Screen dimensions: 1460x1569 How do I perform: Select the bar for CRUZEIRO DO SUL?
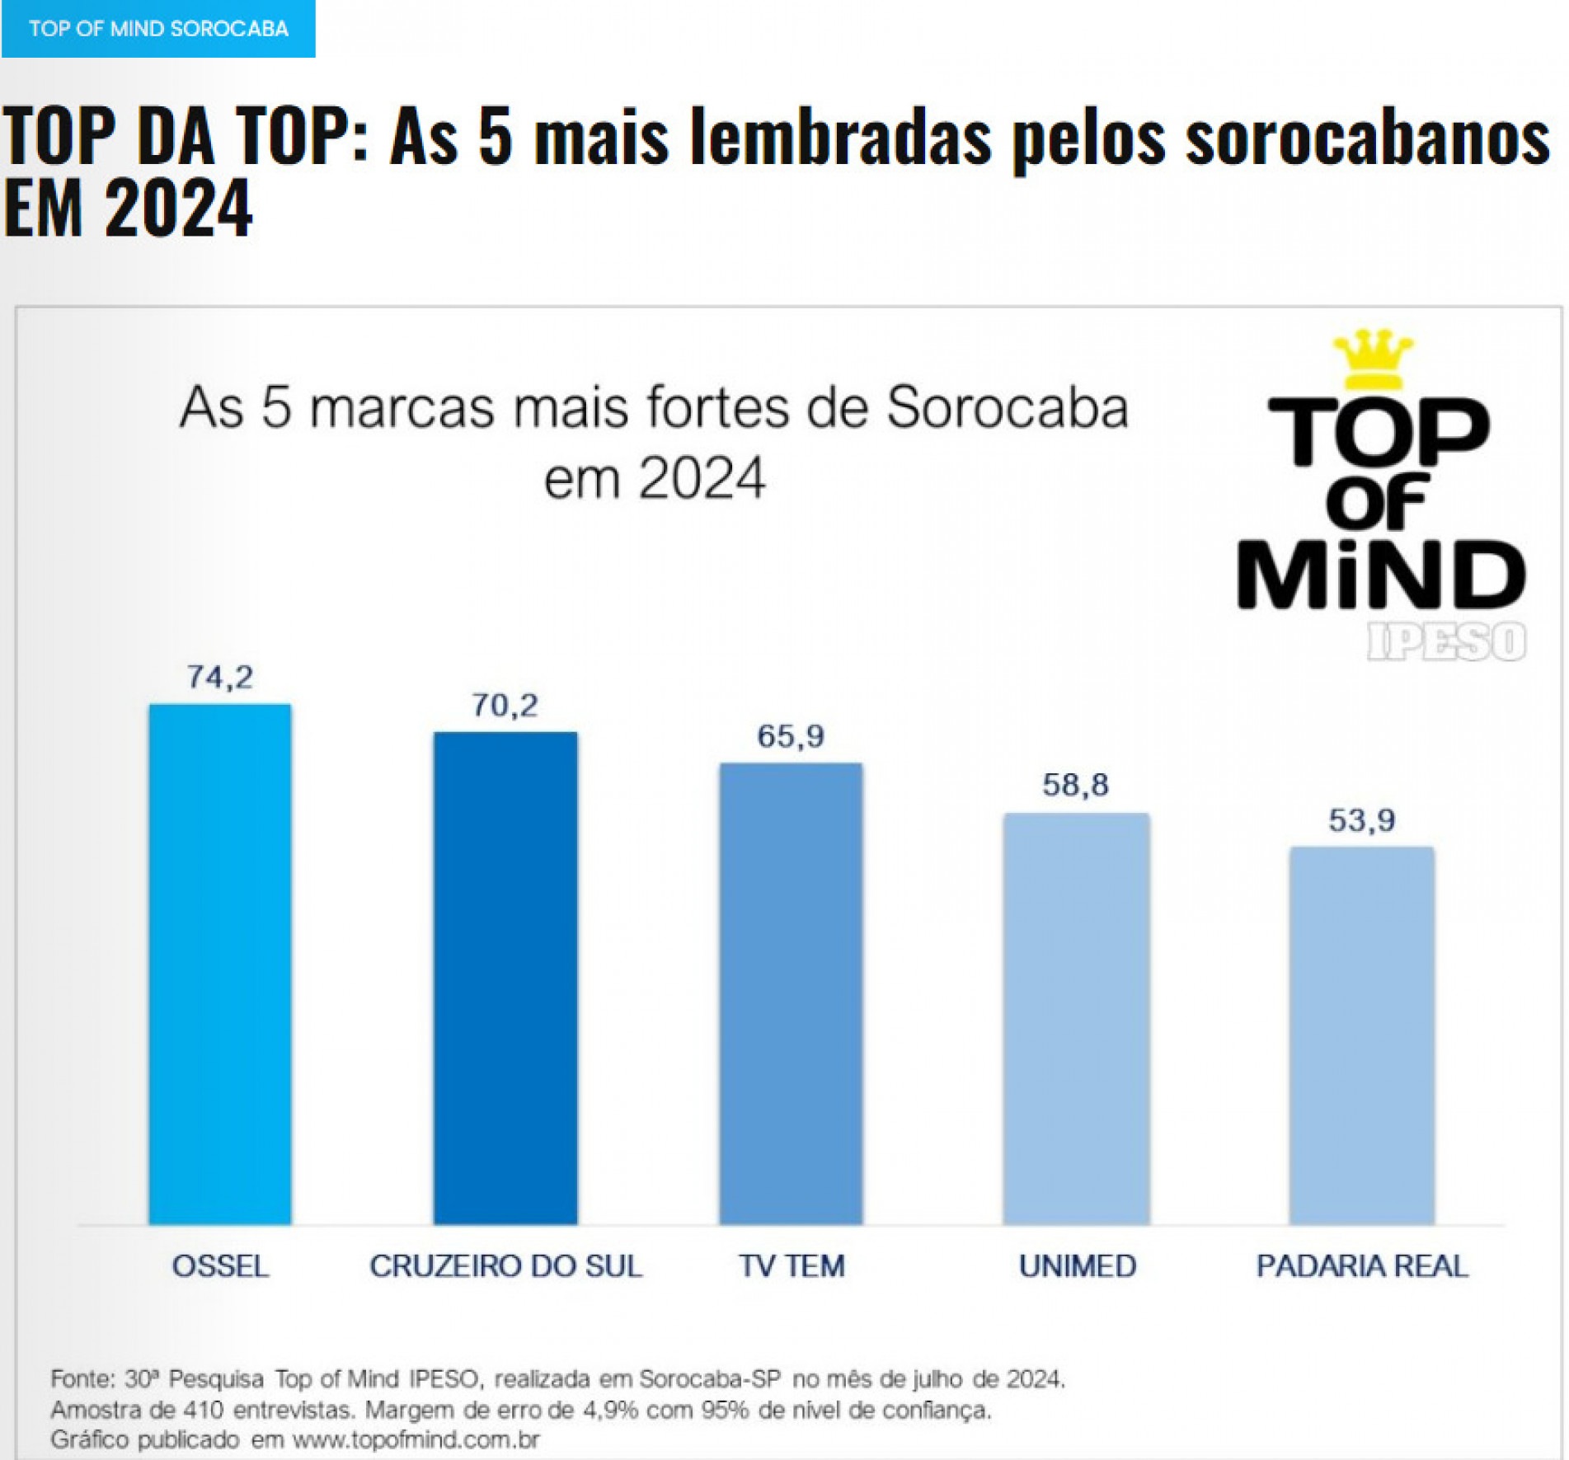(x=505, y=977)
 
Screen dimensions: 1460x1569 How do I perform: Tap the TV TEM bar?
(x=791, y=993)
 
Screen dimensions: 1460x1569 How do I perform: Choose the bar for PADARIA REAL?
(x=1361, y=1035)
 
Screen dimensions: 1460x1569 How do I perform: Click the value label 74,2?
(x=219, y=677)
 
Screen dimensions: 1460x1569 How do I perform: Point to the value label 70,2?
(x=505, y=706)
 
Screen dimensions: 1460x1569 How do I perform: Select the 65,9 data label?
(x=791, y=736)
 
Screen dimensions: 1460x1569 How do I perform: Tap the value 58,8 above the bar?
(x=1076, y=785)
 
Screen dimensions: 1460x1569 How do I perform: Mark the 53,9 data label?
(x=1361, y=820)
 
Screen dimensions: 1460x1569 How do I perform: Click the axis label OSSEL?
(x=220, y=1265)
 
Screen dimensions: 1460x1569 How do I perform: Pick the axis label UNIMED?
(x=1078, y=1265)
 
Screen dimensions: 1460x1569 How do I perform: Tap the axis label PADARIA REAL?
(x=1362, y=1265)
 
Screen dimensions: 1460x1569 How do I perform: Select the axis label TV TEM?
(x=792, y=1265)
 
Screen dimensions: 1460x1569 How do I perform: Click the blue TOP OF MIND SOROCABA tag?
(x=158, y=29)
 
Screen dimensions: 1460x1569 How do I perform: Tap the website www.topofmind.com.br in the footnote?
(x=416, y=1439)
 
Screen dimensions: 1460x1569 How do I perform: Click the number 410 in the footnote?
(x=204, y=1410)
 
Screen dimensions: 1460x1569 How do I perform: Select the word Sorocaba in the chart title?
(x=1007, y=407)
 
